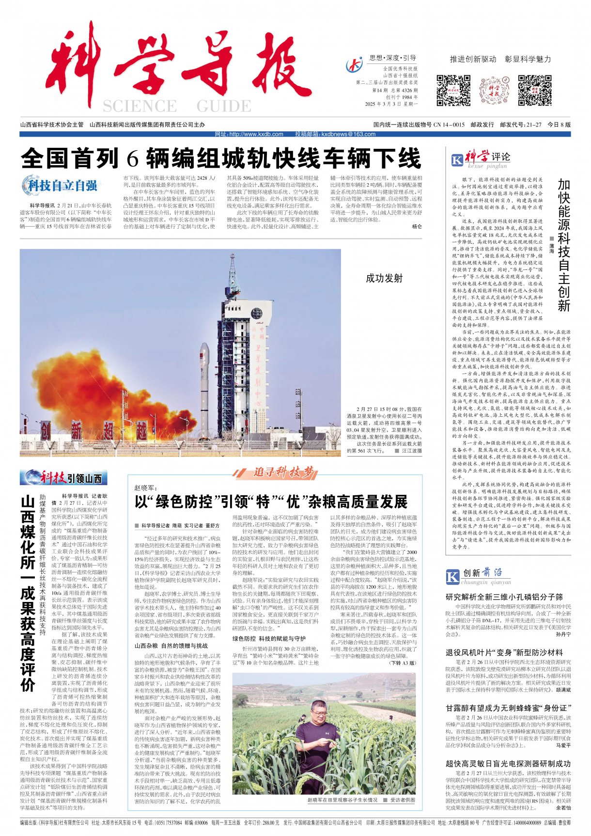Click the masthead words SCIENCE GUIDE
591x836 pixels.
coord(177,106)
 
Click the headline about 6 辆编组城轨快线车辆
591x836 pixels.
coord(221,158)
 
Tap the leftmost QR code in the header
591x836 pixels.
coord(453,91)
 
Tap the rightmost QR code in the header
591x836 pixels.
coord(534,91)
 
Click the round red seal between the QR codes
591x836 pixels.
coord(494,91)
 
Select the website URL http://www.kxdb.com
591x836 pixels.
coord(249,134)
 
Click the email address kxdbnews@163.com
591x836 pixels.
coord(335,134)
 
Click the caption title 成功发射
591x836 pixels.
coord(384,278)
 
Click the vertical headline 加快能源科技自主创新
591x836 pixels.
coord(563,245)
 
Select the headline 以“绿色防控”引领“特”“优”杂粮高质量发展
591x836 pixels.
coord(271,502)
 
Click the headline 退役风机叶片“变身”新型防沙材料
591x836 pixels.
coord(504,652)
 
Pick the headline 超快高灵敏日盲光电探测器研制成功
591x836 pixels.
coord(508,763)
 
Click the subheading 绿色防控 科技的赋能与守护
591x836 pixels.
coord(269,639)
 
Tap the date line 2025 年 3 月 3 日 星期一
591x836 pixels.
coord(391,104)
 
